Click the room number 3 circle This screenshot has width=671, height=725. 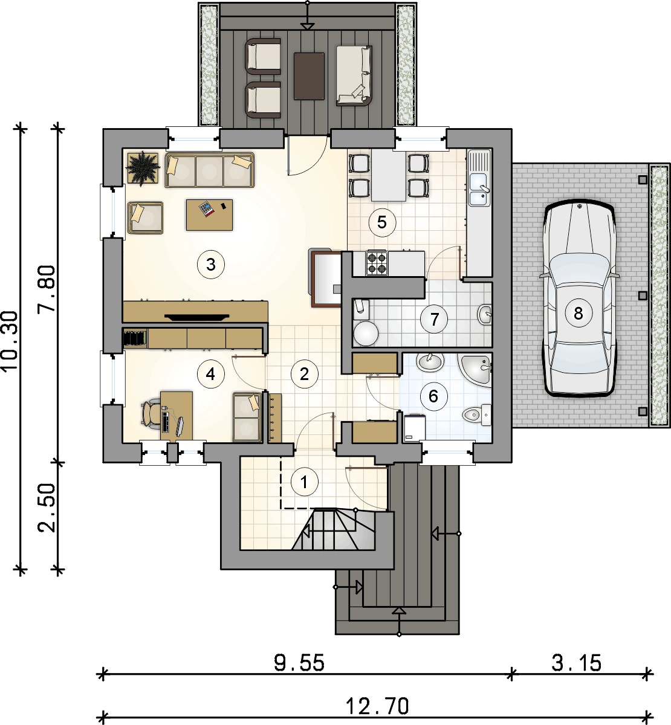pyautogui.click(x=211, y=265)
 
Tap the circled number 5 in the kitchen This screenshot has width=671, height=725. pyautogui.click(x=382, y=222)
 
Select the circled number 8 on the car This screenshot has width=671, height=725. pyautogui.click(x=579, y=313)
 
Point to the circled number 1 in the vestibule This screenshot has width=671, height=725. pyautogui.click(x=304, y=482)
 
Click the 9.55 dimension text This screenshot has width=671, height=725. pyautogui.click(x=299, y=663)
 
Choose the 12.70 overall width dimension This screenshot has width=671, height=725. pyautogui.click(x=377, y=706)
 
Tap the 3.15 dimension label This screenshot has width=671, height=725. pyautogui.click(x=576, y=663)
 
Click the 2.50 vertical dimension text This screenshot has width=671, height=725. pyautogui.click(x=47, y=508)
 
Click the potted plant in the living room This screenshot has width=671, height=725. pyautogui.click(x=143, y=167)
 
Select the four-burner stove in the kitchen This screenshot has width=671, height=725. pyautogui.click(x=377, y=263)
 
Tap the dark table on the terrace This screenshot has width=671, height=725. pyautogui.click(x=309, y=76)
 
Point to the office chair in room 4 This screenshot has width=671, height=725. pyautogui.click(x=151, y=413)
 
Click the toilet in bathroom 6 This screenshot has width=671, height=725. pyautogui.click(x=477, y=414)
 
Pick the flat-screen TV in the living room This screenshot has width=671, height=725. pyautogui.click(x=197, y=317)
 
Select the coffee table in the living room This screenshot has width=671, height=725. pyautogui.click(x=209, y=214)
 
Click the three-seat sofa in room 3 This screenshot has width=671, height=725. pyautogui.click(x=209, y=170)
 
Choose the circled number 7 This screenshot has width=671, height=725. pyautogui.click(x=434, y=320)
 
